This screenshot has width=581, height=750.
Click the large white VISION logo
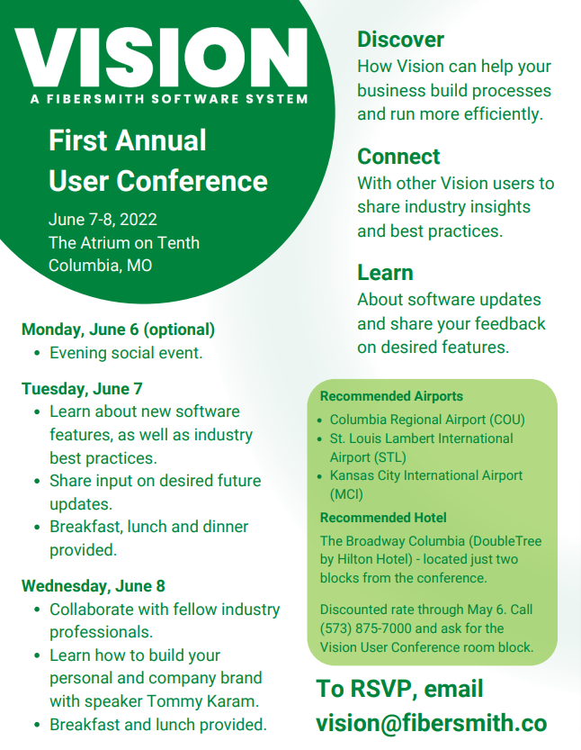point(161,58)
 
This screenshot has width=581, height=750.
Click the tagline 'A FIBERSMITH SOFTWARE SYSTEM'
point(169,99)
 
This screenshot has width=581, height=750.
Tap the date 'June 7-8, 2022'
point(103,220)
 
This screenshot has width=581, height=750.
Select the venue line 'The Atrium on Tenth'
point(124,242)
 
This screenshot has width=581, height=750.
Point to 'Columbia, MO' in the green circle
point(101,266)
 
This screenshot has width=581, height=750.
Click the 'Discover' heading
point(401,40)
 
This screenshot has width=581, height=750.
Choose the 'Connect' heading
point(398,157)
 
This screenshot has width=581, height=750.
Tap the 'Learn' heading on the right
point(385,273)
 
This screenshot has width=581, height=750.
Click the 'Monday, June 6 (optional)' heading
point(118,330)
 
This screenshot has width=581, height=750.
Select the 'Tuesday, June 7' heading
point(82,389)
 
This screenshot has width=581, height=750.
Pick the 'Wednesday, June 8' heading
point(94,586)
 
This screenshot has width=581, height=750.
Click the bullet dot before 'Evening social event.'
point(37,354)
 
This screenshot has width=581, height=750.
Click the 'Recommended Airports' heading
point(391,396)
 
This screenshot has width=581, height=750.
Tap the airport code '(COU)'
point(506,420)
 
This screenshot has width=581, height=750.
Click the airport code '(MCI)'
point(346,494)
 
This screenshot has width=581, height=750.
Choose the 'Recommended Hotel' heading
point(383,518)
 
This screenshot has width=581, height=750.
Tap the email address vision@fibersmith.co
point(432,723)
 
